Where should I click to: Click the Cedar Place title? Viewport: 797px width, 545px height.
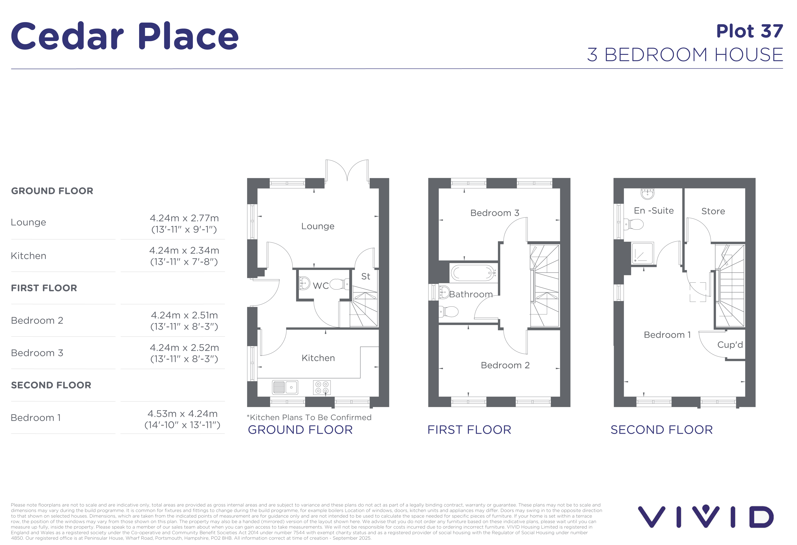pos(125,36)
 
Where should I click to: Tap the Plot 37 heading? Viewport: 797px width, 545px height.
pos(750,31)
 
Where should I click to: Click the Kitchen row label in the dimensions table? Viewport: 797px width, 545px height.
pos(29,256)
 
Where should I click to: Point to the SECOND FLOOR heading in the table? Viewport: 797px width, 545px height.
pos(51,385)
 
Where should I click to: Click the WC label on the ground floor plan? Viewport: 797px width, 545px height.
pos(321,286)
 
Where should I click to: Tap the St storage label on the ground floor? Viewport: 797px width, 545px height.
pos(365,276)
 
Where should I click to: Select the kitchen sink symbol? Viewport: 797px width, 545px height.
pos(285,387)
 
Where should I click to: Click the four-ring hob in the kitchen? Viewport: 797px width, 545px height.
pos(322,387)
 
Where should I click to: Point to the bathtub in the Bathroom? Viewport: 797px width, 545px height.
pos(473,273)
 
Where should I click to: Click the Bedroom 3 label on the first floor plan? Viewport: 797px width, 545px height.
pos(495,213)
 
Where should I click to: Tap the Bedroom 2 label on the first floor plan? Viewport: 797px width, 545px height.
pos(505,365)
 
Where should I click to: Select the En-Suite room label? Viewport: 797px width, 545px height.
pos(654,211)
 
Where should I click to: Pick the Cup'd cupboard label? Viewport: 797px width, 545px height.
pos(730,345)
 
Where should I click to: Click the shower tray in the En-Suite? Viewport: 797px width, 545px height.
pos(643,253)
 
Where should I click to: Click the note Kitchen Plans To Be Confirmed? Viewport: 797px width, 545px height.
pos(309,417)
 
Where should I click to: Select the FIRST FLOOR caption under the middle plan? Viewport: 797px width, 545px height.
pos(469,430)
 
